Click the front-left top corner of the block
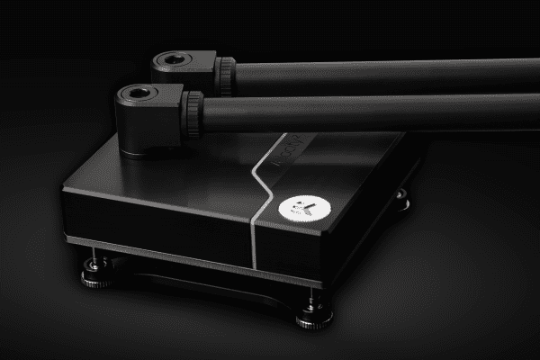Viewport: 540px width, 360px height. pyautogui.click(x=67, y=189)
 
